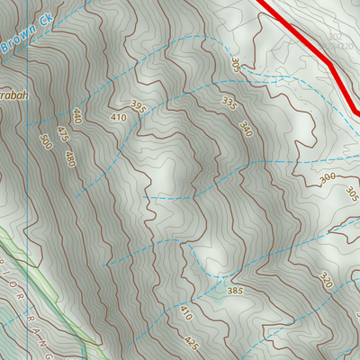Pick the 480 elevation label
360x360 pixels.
coord(68,159)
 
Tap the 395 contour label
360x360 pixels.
coord(138,106)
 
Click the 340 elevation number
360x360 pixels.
coord(247,131)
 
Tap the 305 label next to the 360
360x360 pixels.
coord(352,195)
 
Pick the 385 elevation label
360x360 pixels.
coord(236,292)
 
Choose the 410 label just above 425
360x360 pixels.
coord(185,314)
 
